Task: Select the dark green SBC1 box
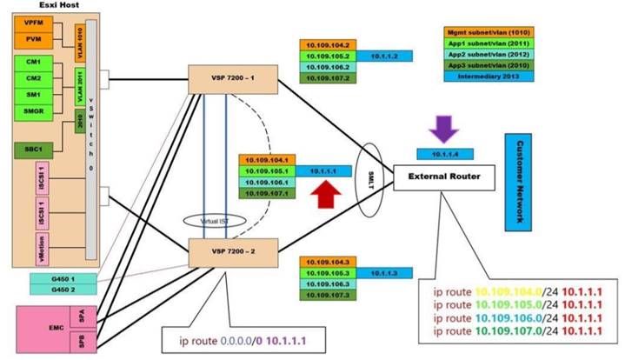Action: tap(33, 148)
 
